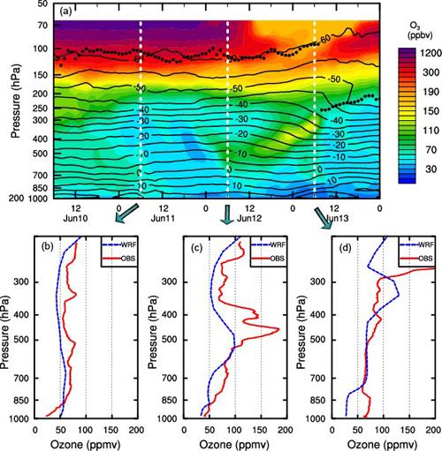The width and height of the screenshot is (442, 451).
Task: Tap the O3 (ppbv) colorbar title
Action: pyautogui.click(x=415, y=34)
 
